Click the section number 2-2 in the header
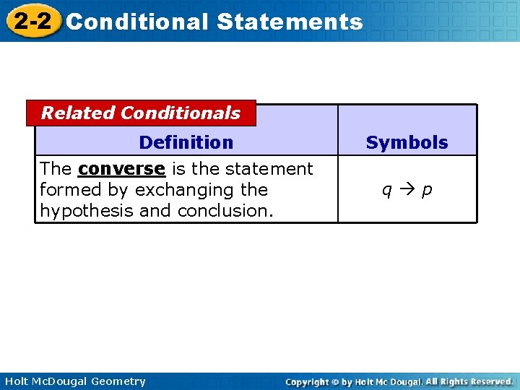pos(32,21)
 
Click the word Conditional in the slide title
pos(136,22)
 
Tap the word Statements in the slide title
pos(289,22)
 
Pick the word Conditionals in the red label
pos(181,113)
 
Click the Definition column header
pos(186,142)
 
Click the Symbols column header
pos(407,142)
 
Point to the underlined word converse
pos(121,169)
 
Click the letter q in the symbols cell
pos(387,190)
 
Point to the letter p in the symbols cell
pos(427,190)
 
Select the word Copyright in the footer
pos(307,381)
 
